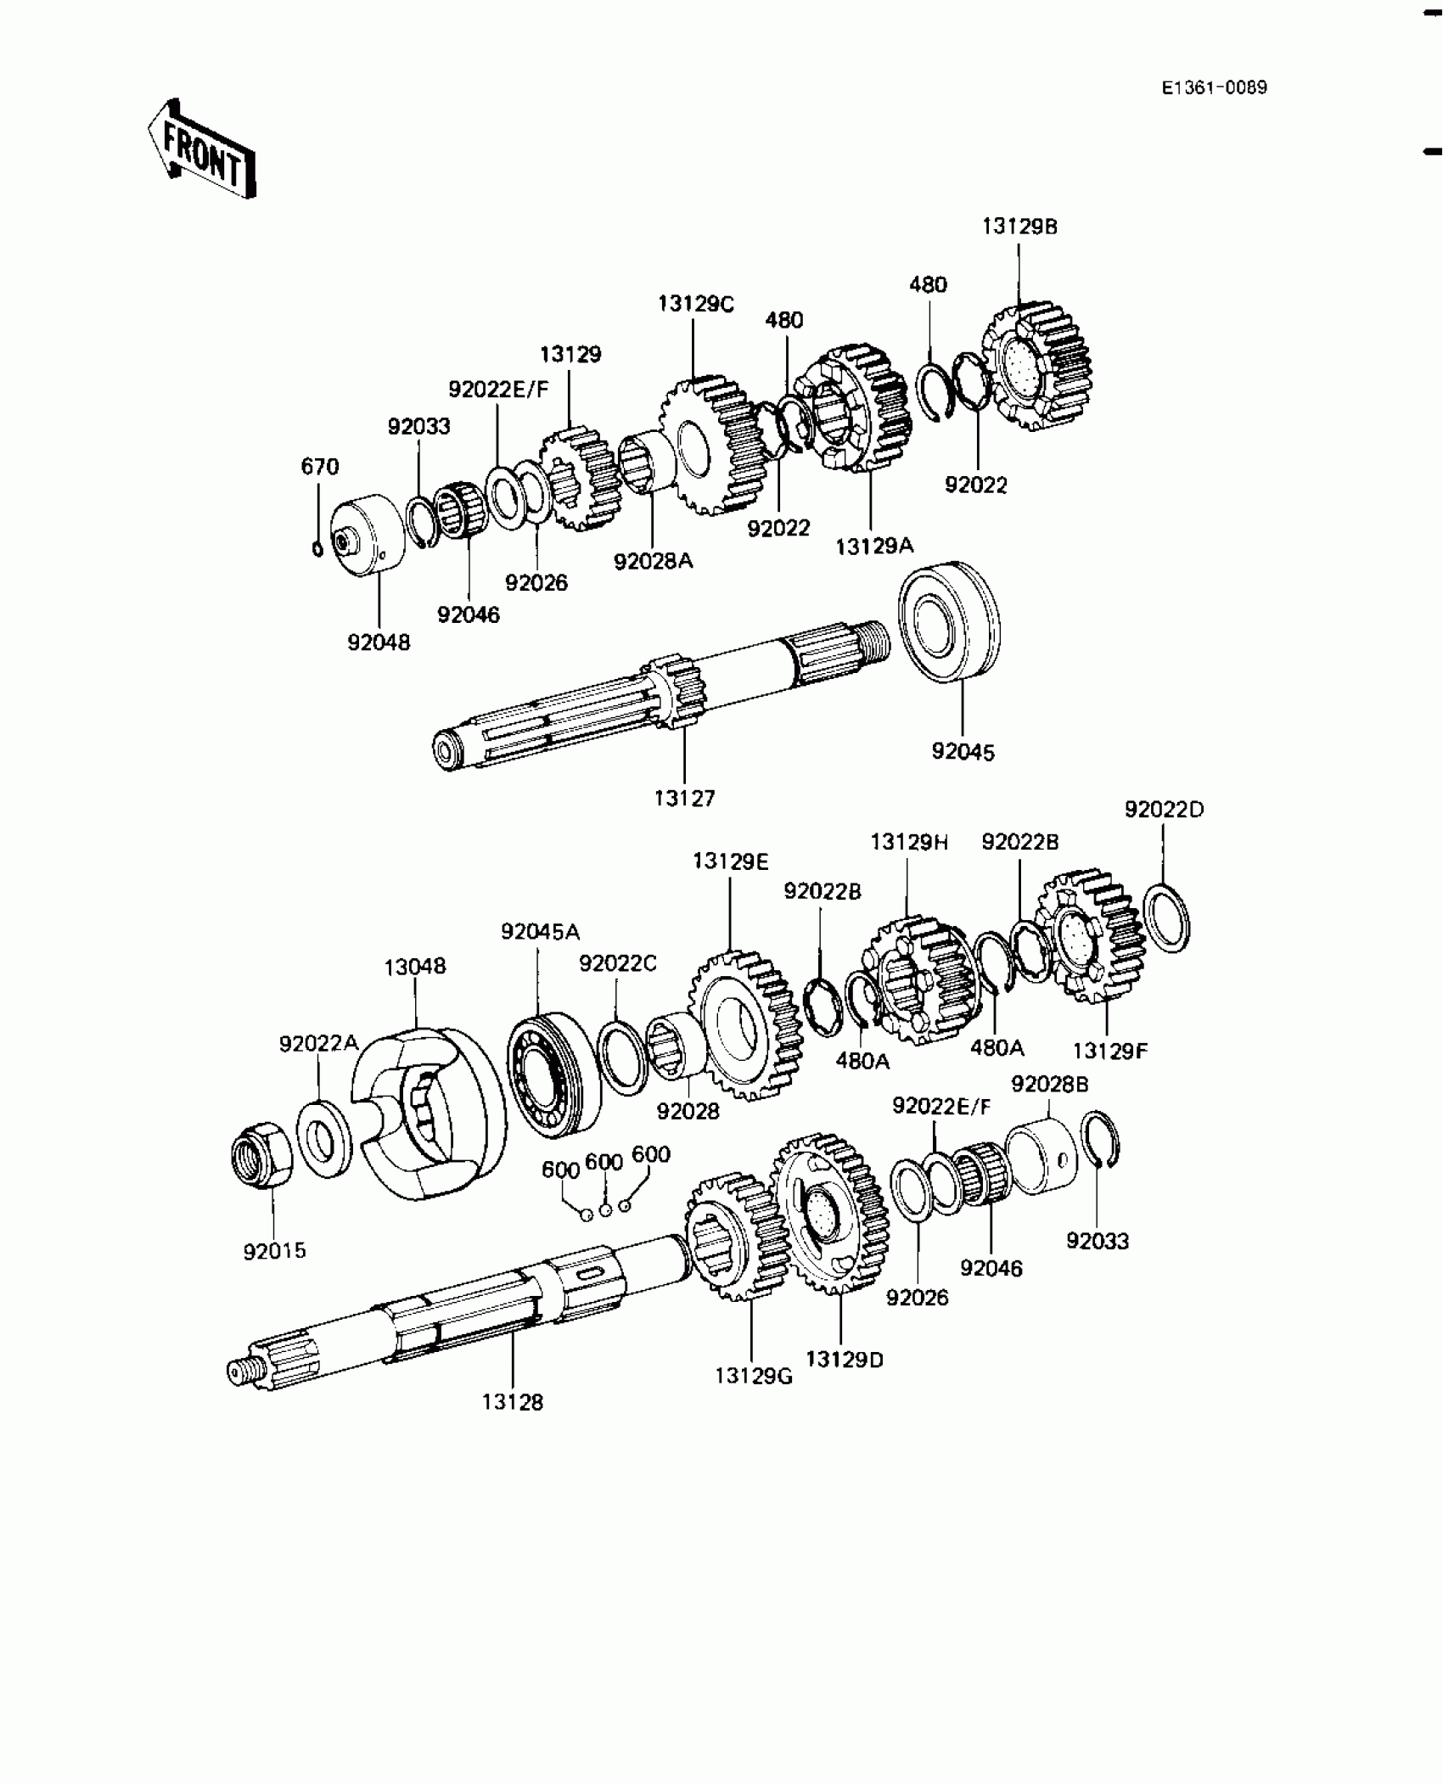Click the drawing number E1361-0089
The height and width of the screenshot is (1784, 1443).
pyautogui.click(x=1215, y=88)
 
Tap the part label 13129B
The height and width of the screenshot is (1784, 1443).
pyautogui.click(x=1019, y=227)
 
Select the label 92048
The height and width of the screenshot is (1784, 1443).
pyautogui.click(x=379, y=642)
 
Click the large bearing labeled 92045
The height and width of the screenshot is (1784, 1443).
pyautogui.click(x=949, y=621)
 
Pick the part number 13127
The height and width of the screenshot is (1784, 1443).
pyautogui.click(x=684, y=798)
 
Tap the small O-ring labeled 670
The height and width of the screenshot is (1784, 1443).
pyautogui.click(x=317, y=548)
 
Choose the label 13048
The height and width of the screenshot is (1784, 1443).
pyautogui.click(x=414, y=966)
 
